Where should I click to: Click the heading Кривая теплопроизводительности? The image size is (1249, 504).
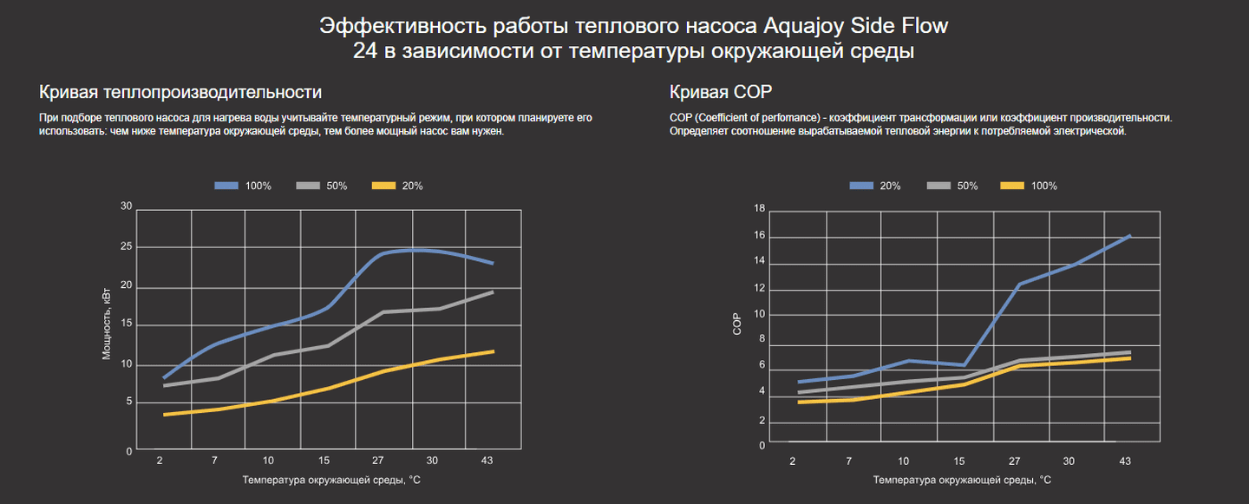tap(180, 92)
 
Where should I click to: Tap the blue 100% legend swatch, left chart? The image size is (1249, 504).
tap(226, 186)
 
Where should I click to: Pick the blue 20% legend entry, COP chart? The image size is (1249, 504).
tap(875, 186)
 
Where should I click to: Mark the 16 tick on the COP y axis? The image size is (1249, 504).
tap(760, 236)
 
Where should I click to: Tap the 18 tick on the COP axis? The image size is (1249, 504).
tap(760, 208)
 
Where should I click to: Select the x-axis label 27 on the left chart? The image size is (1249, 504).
tap(378, 461)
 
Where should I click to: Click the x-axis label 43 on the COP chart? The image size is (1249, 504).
tap(1126, 461)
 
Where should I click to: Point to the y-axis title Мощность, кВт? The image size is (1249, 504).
tap(107, 325)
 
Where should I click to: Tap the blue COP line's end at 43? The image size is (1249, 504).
tap(1129, 235)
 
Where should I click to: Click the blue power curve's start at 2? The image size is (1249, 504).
tap(164, 377)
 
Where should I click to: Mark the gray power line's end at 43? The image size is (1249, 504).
tap(493, 292)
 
